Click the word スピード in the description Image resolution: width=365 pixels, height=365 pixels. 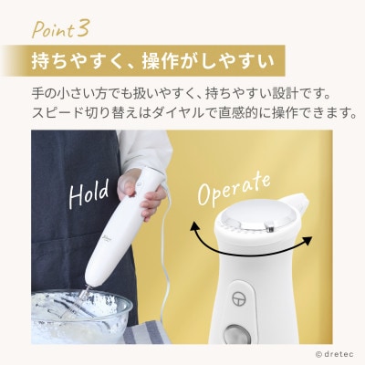click(53, 114)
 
